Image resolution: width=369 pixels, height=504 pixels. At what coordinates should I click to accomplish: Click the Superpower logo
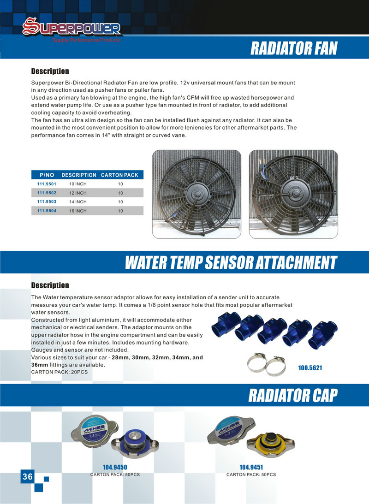point(71,29)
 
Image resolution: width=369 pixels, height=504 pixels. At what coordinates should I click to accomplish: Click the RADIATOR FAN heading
point(294,48)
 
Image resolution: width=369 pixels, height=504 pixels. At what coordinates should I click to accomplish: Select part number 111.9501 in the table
point(47,184)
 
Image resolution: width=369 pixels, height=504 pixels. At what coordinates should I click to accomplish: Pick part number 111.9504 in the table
point(47,211)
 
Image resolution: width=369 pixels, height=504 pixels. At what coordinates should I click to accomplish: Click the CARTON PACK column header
point(119,175)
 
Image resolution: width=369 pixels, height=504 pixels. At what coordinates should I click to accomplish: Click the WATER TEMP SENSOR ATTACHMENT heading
point(231,263)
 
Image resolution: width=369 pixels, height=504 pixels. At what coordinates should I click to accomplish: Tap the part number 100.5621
point(310,368)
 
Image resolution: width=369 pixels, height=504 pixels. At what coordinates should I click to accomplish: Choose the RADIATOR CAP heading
point(293,395)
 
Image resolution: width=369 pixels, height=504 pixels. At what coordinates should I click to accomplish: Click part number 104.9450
point(115,467)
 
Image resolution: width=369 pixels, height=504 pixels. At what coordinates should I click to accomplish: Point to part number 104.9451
point(251,467)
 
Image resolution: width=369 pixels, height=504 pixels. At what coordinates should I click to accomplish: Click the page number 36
point(27,477)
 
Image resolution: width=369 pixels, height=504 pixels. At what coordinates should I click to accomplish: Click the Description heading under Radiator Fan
point(50,71)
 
